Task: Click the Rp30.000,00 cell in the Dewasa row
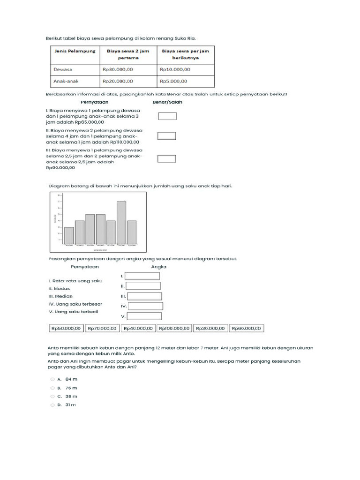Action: coord(118,69)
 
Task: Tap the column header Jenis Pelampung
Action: coord(74,51)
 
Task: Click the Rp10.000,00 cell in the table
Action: coord(175,69)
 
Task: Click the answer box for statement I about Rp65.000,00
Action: coord(167,116)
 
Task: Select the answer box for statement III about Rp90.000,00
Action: coord(167,159)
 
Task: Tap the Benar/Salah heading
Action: coord(167,102)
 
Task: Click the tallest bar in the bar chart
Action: coord(121,223)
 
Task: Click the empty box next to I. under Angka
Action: coord(142,276)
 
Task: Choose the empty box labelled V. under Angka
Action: coord(144,316)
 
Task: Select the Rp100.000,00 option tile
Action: coord(174,329)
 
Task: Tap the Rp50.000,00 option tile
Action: coord(66,329)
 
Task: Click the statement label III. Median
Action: coord(60,296)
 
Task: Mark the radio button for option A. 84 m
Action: coord(52,379)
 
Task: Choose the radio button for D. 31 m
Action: coord(52,405)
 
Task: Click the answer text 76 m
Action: coord(71,388)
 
